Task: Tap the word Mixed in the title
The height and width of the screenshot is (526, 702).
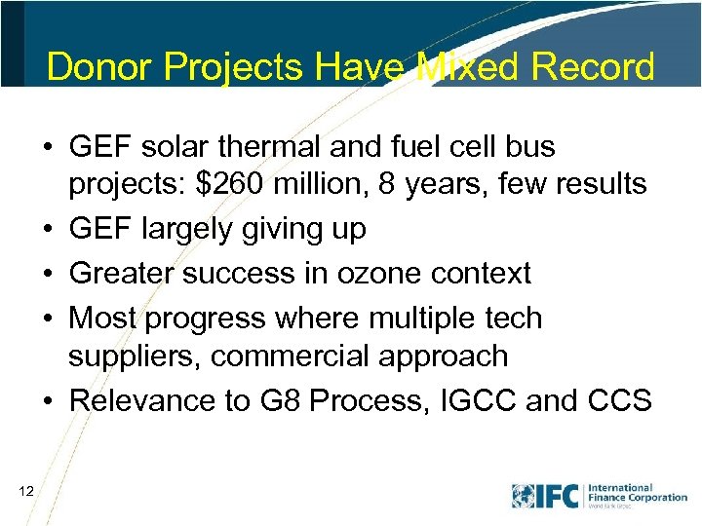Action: pyautogui.click(x=452, y=66)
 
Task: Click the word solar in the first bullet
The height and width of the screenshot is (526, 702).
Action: pyautogui.click(x=180, y=147)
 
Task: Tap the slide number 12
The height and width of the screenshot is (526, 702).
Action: pyautogui.click(x=26, y=494)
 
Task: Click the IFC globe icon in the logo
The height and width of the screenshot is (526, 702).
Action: pyautogui.click(x=524, y=495)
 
